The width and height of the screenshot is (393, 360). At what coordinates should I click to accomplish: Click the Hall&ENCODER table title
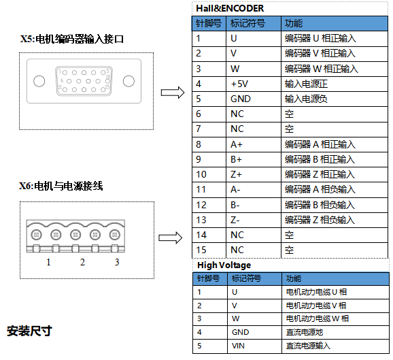pyautogui.click(x=230, y=8)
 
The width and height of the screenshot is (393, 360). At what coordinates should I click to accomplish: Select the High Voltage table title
pyautogui.click(x=224, y=265)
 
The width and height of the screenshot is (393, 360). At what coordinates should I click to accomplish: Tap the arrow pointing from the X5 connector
pyautogui.click(x=173, y=93)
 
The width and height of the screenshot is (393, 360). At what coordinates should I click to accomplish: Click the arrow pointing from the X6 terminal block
pyautogui.click(x=171, y=238)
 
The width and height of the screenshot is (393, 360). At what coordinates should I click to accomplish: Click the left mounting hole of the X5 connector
pyautogui.click(x=39, y=81)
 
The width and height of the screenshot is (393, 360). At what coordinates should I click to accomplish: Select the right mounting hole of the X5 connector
pyautogui.click(x=129, y=81)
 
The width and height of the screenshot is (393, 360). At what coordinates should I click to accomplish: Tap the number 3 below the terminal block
pyautogui.click(x=117, y=262)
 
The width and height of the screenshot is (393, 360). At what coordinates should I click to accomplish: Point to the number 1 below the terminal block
pyautogui.click(x=48, y=262)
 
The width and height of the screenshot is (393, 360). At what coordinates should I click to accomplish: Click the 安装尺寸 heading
pyautogui.click(x=29, y=331)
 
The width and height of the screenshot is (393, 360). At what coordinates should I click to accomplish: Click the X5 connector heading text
pyautogui.click(x=72, y=39)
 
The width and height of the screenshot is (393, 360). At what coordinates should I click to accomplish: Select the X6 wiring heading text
pyautogui.click(x=61, y=186)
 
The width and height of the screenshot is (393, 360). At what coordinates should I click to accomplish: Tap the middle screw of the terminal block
pyautogui.click(x=75, y=235)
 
